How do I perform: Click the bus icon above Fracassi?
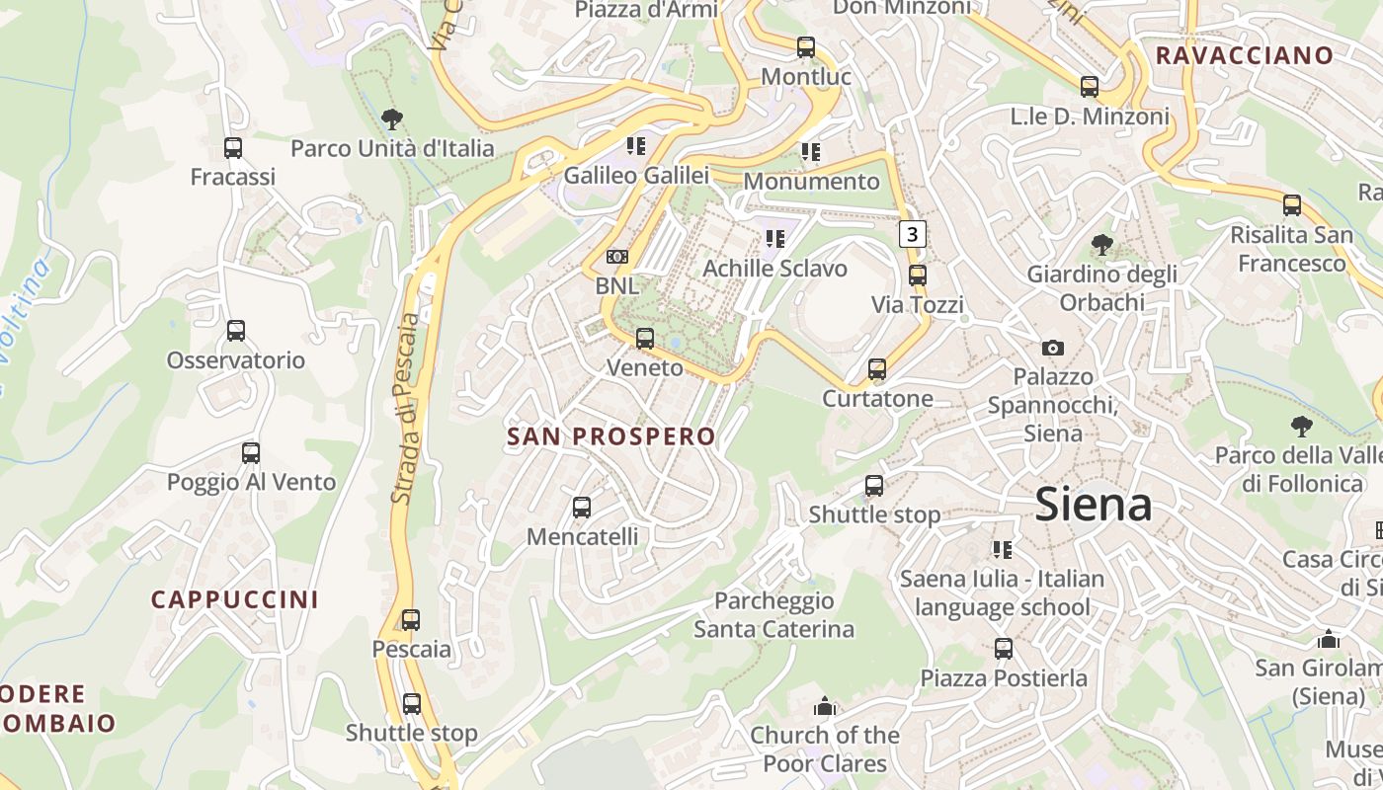pos(233,148)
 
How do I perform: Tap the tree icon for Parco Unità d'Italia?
pos(391,119)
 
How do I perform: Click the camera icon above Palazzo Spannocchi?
pos(1053,348)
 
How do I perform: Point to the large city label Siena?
pos(1094,506)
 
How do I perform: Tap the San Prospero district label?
pos(610,436)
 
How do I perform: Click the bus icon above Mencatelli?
pos(582,508)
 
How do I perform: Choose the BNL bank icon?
pos(617,257)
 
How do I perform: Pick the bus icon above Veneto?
pos(645,339)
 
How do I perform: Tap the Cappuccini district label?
pos(235,599)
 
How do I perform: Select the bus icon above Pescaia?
pos(411,620)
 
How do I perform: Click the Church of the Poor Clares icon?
pos(825,706)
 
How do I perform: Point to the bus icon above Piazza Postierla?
pos(1004,649)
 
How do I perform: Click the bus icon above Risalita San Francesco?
pos(1292,205)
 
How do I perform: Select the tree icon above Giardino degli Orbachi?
pos(1101,244)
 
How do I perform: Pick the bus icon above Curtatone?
pos(877,369)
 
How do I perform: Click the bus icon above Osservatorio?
pos(236,331)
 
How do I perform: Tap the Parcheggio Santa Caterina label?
pos(773,614)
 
